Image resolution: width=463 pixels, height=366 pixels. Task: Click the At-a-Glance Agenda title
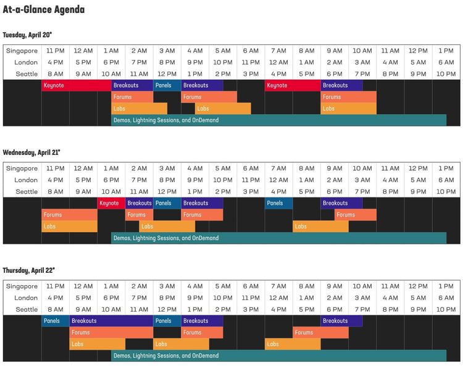coord(44,10)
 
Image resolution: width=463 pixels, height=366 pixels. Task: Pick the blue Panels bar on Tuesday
coord(167,85)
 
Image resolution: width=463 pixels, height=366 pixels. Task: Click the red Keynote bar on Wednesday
coord(111,203)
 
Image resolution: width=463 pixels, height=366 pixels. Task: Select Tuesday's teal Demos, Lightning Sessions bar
coord(278,120)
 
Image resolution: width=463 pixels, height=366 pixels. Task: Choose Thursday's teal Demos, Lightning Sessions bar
coord(278,356)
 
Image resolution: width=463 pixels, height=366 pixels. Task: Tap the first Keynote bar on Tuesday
coord(77,85)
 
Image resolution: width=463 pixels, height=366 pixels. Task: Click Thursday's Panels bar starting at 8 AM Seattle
coord(56,321)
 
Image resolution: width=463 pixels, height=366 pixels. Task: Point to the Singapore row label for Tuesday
coord(22,51)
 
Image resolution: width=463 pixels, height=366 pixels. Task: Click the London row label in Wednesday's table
coord(26,180)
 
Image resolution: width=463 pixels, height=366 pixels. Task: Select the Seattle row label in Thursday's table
coord(27,309)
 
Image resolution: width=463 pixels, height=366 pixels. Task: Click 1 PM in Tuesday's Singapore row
coord(446,51)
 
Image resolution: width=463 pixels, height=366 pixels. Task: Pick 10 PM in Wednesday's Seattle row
coord(446,191)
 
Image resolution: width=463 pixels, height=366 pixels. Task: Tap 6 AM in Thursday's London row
coord(446,297)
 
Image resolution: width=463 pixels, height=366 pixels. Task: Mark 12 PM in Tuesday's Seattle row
coord(167,73)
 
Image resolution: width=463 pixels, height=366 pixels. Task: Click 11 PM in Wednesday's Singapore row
coord(56,168)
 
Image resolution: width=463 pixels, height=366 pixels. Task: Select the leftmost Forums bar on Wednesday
coord(69,215)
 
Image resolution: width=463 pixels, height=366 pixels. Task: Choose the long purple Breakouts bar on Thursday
coord(111,321)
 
